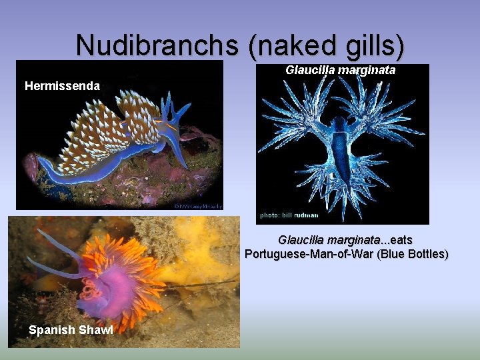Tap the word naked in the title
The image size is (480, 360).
click(x=289, y=45)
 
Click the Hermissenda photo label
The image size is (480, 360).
click(x=62, y=86)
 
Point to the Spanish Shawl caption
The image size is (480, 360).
click(x=71, y=330)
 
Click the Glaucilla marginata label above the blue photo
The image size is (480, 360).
click(x=340, y=70)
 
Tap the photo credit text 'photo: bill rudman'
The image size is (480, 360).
click(x=289, y=215)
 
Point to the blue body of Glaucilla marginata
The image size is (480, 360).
click(x=341, y=150)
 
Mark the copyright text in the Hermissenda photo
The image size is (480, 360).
click(x=198, y=205)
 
